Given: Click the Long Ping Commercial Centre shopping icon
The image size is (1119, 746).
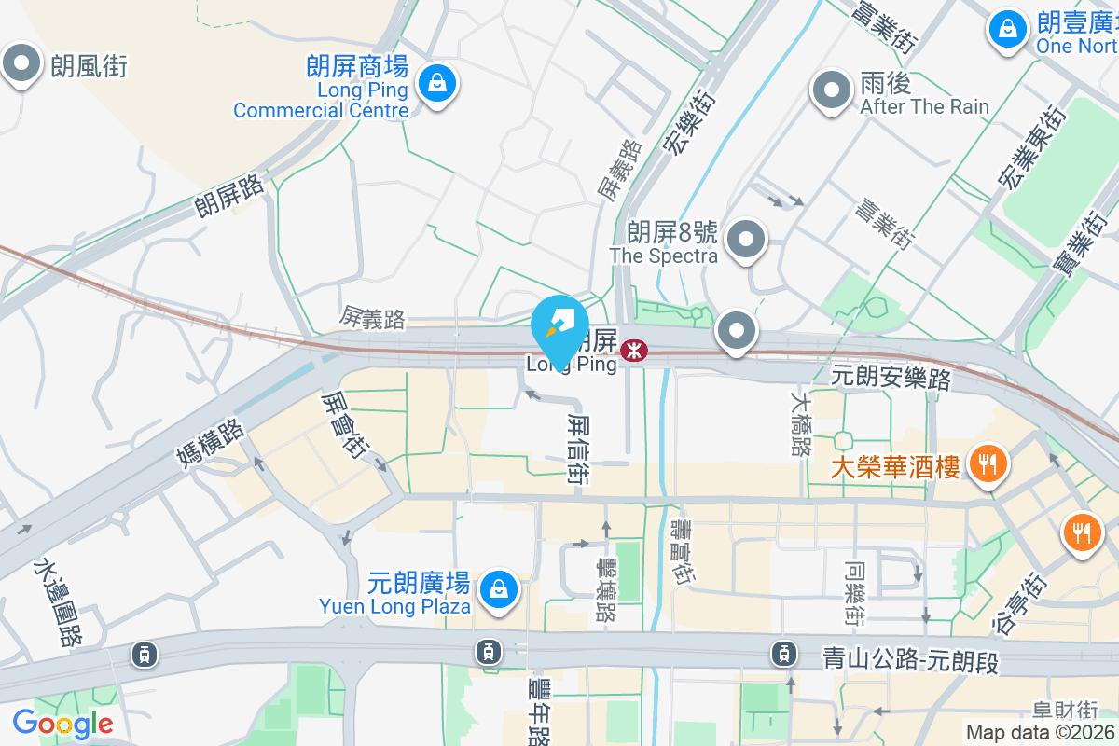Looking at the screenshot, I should pyautogui.click(x=435, y=83).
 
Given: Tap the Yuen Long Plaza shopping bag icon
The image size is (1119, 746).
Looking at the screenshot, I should pyautogui.click(x=499, y=588).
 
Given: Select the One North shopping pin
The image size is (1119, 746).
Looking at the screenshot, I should pyautogui.click(x=1007, y=28).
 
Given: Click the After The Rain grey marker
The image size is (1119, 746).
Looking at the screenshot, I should pyautogui.click(x=830, y=90).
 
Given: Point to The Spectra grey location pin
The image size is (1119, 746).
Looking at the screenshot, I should pyautogui.click(x=746, y=240).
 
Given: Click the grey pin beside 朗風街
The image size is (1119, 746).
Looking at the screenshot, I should pyautogui.click(x=21, y=63).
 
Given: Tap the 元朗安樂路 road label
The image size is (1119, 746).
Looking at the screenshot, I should pyautogui.click(x=891, y=378).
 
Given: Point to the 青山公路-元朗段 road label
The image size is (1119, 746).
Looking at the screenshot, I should pyautogui.click(x=910, y=657).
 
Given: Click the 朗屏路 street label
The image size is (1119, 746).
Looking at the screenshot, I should pyautogui.click(x=229, y=194).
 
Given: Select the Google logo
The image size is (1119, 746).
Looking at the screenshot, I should pyautogui.click(x=62, y=723).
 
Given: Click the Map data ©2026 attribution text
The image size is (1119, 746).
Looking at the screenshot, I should pyautogui.click(x=1040, y=732).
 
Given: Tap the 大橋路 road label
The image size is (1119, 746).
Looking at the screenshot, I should pyautogui.click(x=800, y=422).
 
